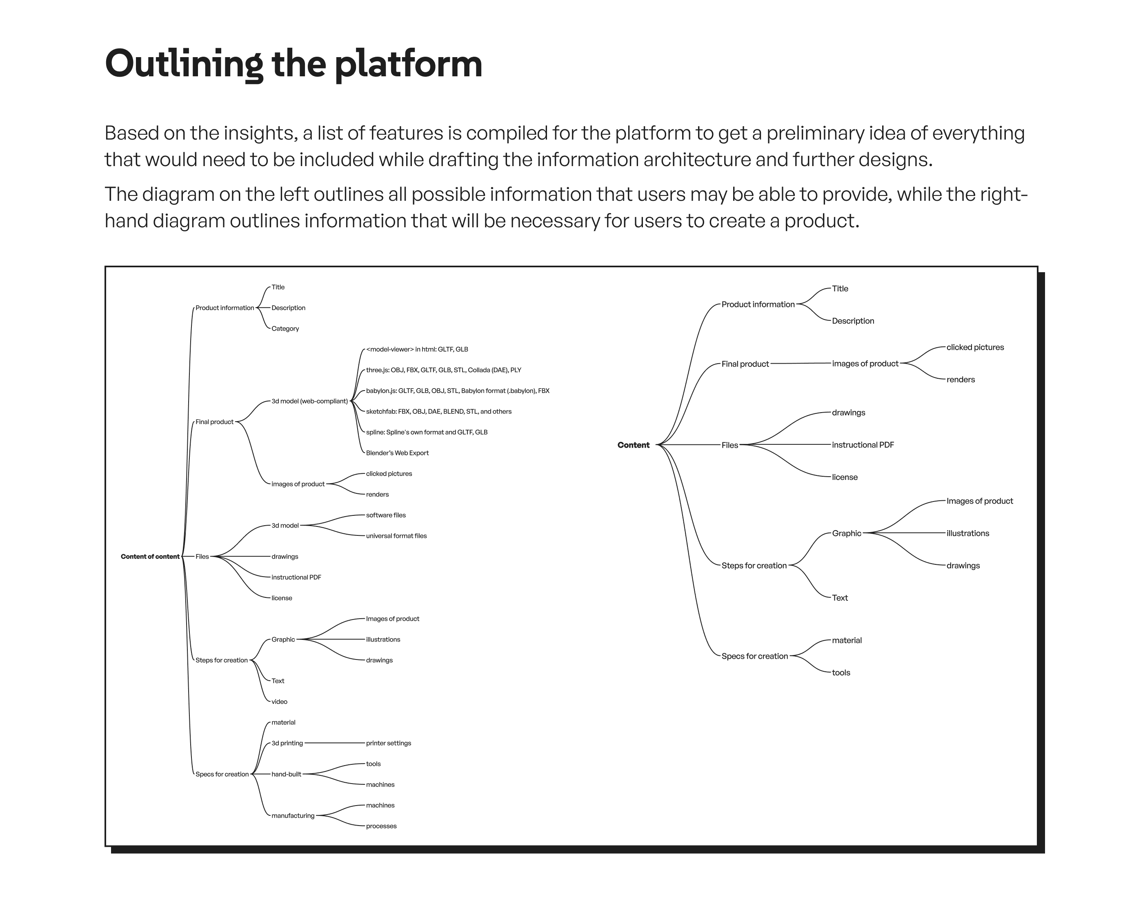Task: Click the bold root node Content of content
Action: tap(150, 557)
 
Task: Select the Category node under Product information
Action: tap(285, 329)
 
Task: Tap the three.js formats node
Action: tap(443, 370)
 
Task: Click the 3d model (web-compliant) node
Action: tap(309, 401)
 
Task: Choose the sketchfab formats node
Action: tap(438, 411)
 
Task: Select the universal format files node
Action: tap(396, 536)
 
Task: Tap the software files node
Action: tap(385, 515)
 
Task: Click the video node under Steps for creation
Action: tap(279, 702)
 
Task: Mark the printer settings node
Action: tap(388, 743)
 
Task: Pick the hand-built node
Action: tap(286, 775)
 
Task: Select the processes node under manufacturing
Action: tap(381, 826)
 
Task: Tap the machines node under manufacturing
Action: tap(380, 806)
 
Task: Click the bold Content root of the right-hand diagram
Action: tap(633, 445)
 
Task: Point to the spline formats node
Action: tap(426, 433)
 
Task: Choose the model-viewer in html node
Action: tap(417, 349)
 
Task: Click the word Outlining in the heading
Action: tap(183, 64)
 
